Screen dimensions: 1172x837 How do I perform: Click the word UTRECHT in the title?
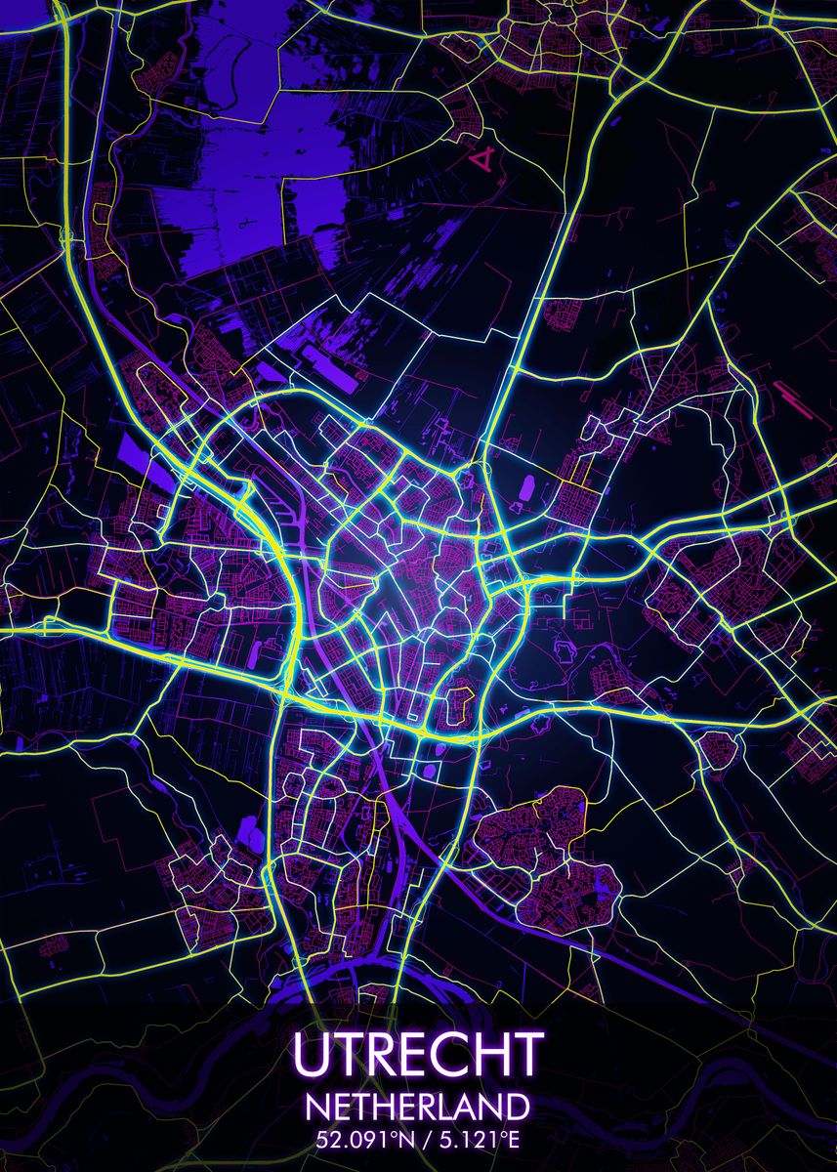tap(417, 1054)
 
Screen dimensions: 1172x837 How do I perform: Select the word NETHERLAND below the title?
tap(418, 1108)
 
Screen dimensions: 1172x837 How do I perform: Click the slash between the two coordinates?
tap(415, 1139)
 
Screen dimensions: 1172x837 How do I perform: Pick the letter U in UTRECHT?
tap(311, 1054)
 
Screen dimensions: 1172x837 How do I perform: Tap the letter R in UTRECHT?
tap(376, 1054)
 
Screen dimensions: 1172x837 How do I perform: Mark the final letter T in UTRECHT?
tap(525, 1054)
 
